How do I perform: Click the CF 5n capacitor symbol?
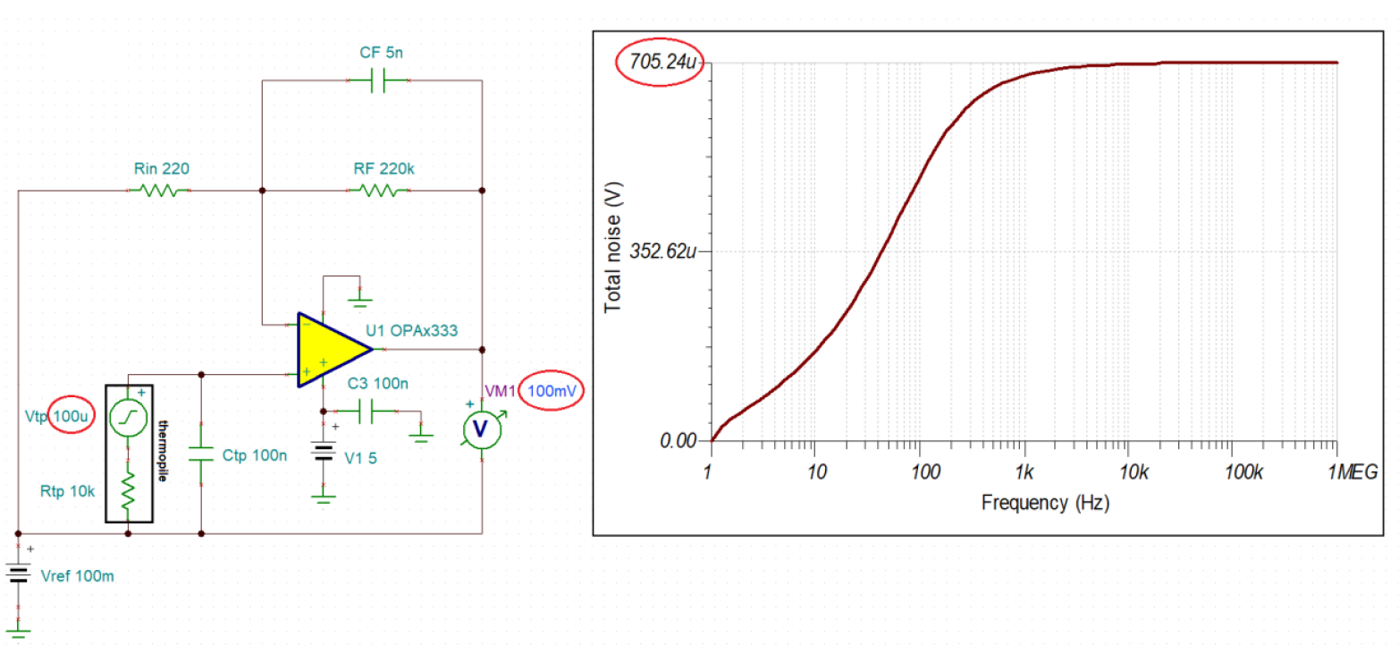click(378, 81)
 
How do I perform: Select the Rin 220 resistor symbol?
click(161, 191)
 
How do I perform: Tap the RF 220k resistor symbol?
click(378, 191)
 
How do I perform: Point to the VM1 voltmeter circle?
click(480, 429)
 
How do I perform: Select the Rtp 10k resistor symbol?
click(128, 490)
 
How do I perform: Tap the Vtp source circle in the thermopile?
click(128, 418)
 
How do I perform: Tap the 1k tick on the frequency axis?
click(1024, 471)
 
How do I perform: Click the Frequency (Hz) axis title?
click(1045, 503)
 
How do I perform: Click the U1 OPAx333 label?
click(412, 330)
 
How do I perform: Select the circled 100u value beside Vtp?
click(70, 415)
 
